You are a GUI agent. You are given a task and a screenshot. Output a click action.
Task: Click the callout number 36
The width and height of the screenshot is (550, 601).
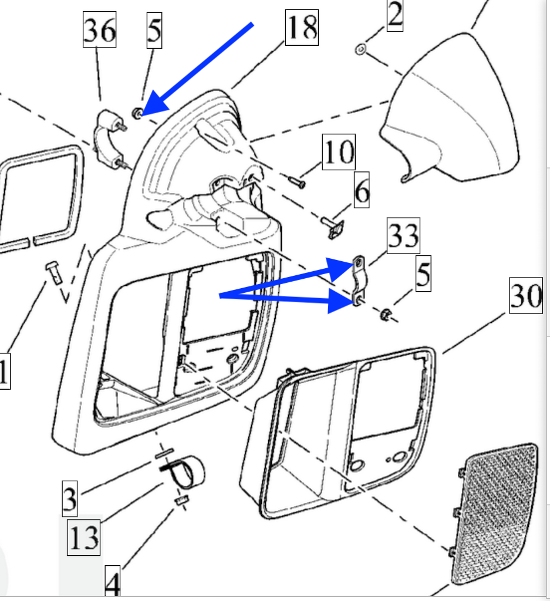99,30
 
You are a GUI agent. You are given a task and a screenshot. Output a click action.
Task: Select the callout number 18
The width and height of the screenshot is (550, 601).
302,27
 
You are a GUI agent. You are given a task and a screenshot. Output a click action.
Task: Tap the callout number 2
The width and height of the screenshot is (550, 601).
396,16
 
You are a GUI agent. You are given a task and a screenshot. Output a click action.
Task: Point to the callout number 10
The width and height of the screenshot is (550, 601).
339,152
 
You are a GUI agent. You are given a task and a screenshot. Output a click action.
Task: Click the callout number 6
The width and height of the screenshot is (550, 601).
362,191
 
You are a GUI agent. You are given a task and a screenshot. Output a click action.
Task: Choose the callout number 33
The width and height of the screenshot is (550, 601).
403,237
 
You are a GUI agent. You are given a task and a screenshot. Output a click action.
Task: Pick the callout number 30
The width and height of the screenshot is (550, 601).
525,298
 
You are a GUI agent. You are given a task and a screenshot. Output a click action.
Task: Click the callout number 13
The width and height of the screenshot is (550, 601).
83,536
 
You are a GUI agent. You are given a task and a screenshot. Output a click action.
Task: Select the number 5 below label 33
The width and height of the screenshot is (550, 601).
423,275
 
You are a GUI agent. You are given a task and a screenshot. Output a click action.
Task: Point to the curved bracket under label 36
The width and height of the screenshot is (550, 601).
110,139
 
